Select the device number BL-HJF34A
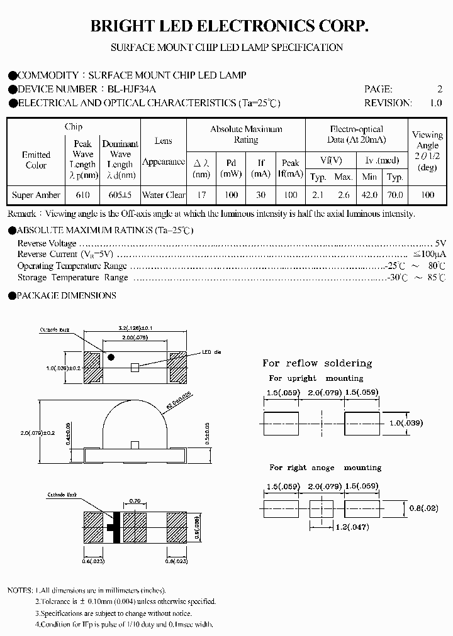(x=128, y=89)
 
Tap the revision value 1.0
(x=435, y=103)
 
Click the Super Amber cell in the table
(x=36, y=195)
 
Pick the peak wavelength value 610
(x=82, y=195)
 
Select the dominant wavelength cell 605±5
(x=120, y=195)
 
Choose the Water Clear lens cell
(x=164, y=195)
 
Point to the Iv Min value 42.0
(x=369, y=195)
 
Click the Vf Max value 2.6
(x=343, y=195)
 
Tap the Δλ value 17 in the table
(x=201, y=195)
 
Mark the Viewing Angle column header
(x=427, y=151)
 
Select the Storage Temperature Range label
(x=72, y=277)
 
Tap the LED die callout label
(x=211, y=352)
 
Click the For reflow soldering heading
(x=317, y=363)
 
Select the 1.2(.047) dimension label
(x=352, y=527)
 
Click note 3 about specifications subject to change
(x=113, y=613)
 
